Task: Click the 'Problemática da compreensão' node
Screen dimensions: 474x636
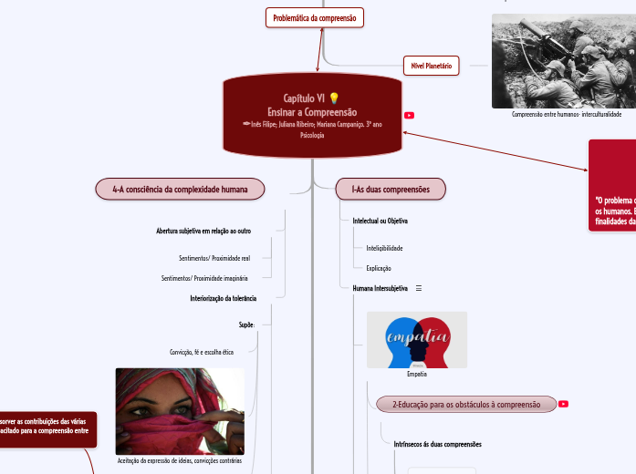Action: coord(315,17)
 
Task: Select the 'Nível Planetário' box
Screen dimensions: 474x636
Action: coord(432,66)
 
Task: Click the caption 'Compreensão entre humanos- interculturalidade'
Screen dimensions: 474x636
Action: coord(567,115)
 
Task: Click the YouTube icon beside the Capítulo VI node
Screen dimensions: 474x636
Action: coord(409,115)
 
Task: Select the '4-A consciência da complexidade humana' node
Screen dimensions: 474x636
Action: coord(180,189)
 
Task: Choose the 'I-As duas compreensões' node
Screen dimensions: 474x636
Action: coord(391,189)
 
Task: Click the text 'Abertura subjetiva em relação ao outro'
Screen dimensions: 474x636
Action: coord(203,231)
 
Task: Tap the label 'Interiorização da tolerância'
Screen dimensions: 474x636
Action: coord(223,298)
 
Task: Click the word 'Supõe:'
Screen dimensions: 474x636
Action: coord(246,324)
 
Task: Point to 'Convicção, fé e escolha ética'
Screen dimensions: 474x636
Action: coord(202,351)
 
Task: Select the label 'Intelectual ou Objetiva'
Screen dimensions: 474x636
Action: coord(380,221)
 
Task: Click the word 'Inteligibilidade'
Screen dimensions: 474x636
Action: coord(384,248)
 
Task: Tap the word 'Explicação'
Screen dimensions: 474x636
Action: coord(379,268)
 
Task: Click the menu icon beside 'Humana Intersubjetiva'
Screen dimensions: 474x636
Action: coord(419,288)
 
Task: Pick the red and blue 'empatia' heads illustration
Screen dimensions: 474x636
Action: coord(416,339)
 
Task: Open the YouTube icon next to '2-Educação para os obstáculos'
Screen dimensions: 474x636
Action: coord(563,404)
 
